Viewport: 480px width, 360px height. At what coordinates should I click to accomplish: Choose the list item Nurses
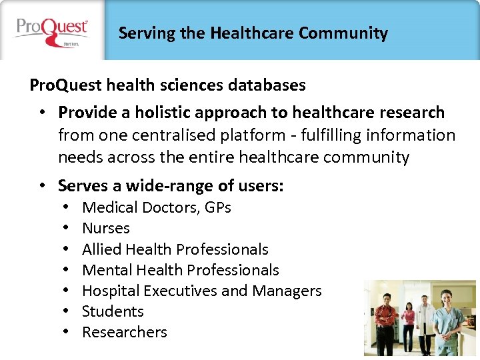[x=105, y=229]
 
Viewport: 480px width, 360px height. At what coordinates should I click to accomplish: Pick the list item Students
[x=113, y=311]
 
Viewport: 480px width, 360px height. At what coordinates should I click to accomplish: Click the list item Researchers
[x=124, y=332]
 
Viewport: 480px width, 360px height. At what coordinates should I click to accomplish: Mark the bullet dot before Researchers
[x=69, y=332]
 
